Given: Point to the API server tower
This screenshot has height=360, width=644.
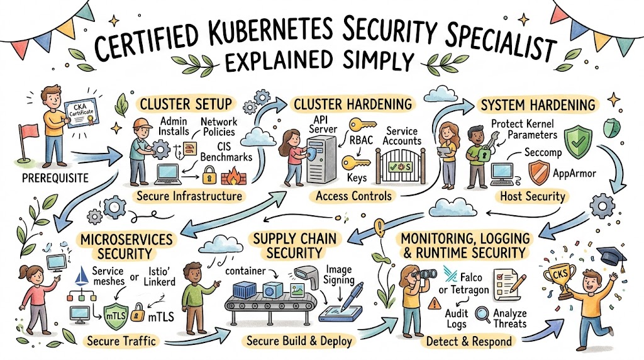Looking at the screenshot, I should tap(318, 160).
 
